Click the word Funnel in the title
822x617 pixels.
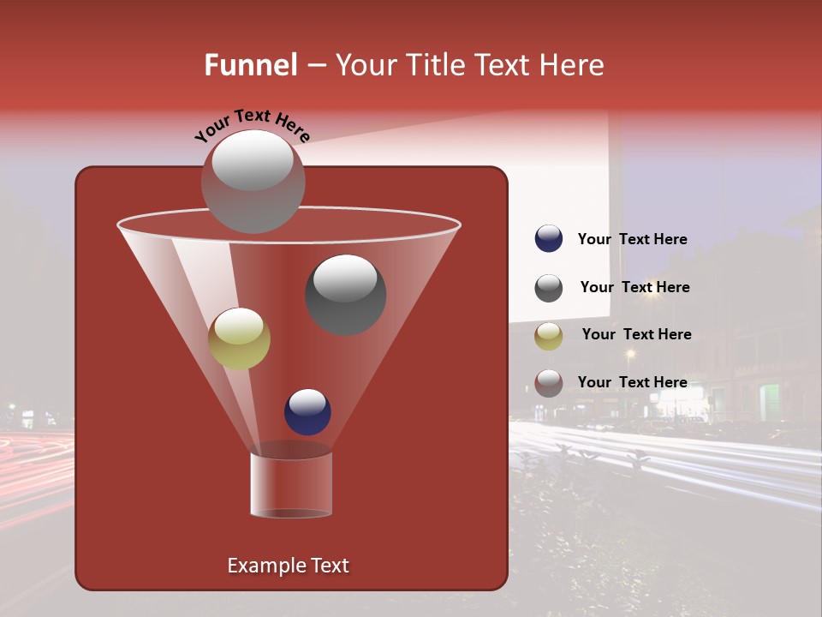250,65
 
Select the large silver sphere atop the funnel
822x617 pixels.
253,181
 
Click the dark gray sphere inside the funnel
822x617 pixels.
345,294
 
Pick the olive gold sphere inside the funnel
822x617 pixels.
240,338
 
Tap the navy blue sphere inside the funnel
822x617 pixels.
307,412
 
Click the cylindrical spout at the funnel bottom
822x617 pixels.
291,484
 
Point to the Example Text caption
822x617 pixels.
288,566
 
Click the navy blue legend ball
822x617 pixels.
549,239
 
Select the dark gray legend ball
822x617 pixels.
549,288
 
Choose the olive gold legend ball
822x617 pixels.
549,335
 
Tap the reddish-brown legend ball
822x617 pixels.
549,383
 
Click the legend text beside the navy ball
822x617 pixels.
632,240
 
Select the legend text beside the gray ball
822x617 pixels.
634,288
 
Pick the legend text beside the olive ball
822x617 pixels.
636,335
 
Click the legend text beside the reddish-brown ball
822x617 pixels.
632,382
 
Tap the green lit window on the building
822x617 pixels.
770,402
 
